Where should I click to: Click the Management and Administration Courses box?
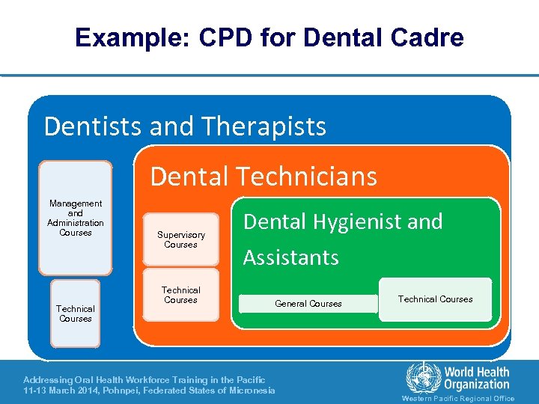coord(76,218)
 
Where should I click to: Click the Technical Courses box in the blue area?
coord(76,313)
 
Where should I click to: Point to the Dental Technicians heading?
coord(264,177)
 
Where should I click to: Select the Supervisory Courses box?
coord(181,239)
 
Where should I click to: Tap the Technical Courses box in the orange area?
coord(181,295)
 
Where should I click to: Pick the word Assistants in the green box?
coord(291,258)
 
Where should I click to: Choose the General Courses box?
coord(308,304)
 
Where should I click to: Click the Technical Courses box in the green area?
coord(435,299)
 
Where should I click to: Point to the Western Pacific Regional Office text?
coord(458,399)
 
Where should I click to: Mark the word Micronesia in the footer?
coord(249,391)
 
